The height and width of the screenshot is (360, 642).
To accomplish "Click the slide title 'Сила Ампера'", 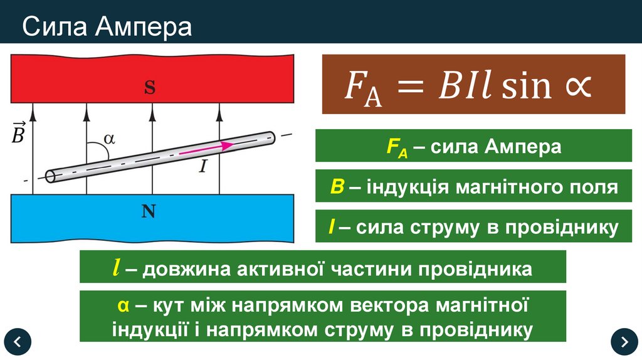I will (107, 27).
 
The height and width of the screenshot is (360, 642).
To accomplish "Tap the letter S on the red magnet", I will (150, 88).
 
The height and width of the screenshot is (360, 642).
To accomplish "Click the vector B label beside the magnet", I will (18, 133).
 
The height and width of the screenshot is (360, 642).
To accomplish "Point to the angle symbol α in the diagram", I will (109, 139).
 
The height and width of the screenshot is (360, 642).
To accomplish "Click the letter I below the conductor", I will (203, 166).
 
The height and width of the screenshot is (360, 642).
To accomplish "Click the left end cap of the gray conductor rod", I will (51, 176).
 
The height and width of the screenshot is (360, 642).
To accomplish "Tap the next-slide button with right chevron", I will (624, 341).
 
